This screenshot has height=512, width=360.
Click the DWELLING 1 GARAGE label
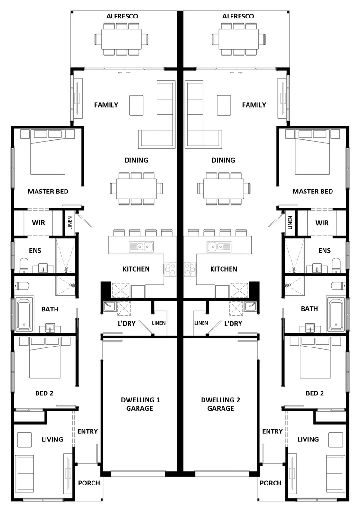(x=139, y=404)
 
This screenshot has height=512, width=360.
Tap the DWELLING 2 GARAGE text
(x=221, y=404)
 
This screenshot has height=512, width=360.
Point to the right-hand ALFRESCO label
(x=238, y=16)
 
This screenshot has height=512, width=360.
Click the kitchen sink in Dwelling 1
(x=142, y=246)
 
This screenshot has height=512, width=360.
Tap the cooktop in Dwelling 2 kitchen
(x=189, y=269)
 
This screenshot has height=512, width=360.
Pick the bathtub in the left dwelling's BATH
(x=24, y=314)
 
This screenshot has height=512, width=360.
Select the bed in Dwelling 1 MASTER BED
(x=48, y=152)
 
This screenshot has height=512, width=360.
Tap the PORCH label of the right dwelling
(x=270, y=483)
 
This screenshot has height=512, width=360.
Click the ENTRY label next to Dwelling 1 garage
(x=87, y=431)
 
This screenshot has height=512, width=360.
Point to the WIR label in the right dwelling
(x=322, y=223)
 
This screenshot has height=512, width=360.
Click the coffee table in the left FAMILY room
(x=136, y=105)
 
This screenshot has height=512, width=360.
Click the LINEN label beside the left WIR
(x=70, y=223)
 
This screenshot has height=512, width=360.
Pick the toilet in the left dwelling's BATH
(x=21, y=285)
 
